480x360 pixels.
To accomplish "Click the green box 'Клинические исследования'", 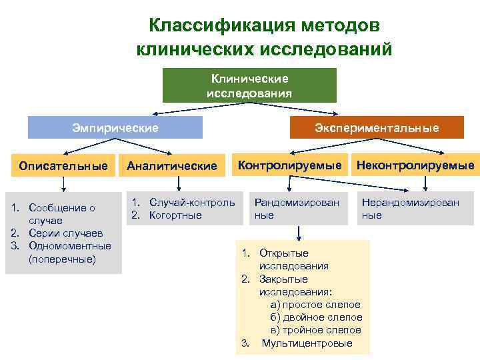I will pos(249,85).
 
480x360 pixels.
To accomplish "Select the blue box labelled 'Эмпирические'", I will pos(115,127).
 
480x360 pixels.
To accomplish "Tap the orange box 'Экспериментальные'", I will pos(376,127).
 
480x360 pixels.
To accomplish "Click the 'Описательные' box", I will pos(63,165).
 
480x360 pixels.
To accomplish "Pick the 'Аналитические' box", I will pos(172,165).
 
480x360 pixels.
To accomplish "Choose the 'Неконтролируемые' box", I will pos(415,165).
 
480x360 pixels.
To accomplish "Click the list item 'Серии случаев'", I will pos(65,233).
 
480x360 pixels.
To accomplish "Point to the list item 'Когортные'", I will pos(175,215).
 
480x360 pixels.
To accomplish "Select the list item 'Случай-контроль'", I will pos(191,202).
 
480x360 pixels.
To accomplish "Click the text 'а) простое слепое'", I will pos(315,305).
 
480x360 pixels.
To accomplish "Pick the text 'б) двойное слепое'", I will pos(316,317).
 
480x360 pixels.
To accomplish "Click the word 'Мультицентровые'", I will pos(306,343).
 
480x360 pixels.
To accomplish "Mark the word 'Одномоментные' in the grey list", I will pos(70,246).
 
